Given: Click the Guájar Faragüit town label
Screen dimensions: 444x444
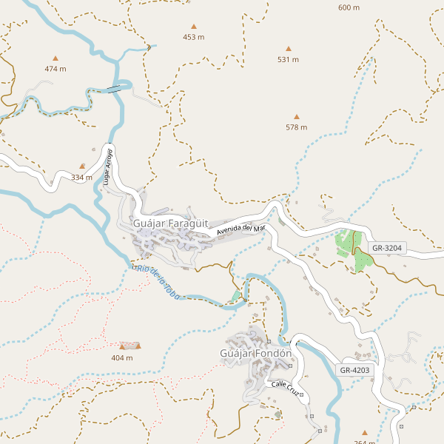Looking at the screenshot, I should pos(170,223).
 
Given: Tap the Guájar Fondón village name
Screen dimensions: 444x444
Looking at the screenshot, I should pos(257,354).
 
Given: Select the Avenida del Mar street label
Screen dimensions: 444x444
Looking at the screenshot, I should pos(240,230).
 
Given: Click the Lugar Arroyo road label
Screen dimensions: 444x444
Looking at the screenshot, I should pos(108,166).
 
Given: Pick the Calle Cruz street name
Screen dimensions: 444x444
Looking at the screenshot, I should pos(285,388).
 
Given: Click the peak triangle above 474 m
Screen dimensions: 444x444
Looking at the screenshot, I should pos(55,58).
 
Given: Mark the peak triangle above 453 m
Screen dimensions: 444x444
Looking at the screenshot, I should pos(194,26).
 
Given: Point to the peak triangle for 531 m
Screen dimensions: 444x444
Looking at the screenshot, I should pos(289,49).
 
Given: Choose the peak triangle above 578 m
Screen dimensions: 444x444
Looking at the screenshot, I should pos(297,116).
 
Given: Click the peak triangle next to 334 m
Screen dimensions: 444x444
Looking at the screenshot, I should pos(82,166).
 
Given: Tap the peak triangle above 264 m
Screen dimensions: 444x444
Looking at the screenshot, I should pos(364,433).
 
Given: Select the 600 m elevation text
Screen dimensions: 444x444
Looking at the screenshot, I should pos(349,7).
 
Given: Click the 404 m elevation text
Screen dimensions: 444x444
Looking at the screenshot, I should pos(122,357).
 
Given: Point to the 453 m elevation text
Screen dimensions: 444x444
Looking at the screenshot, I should pos(194,37).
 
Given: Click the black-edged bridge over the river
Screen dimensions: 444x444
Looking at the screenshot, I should pos(115,89).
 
